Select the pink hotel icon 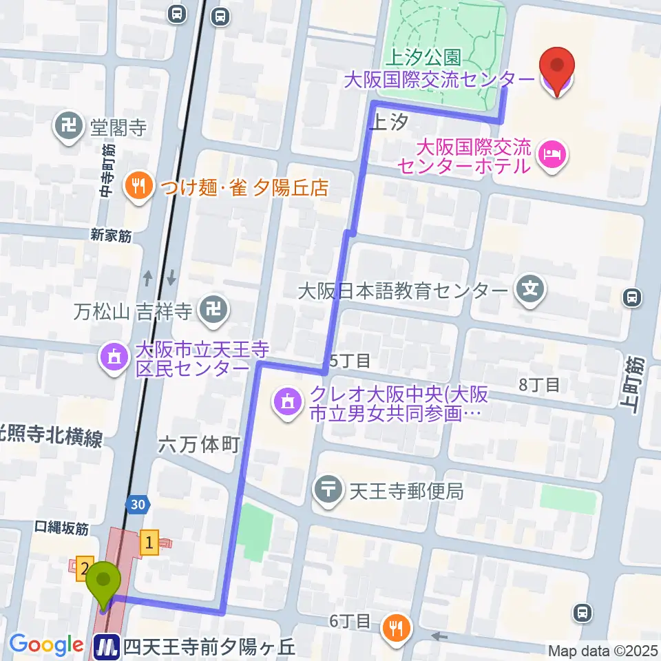pyautogui.click(x=554, y=151)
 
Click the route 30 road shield pyautogui.click(x=137, y=505)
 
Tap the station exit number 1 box pyautogui.click(x=150, y=543)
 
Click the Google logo pyautogui.click(x=47, y=644)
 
